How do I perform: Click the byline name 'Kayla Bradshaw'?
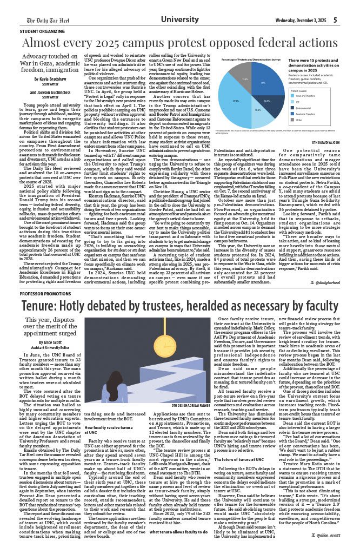point(45,78)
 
